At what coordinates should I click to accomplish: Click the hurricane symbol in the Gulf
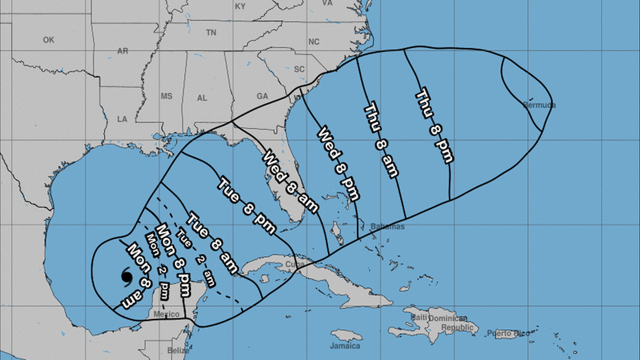[x=126, y=277]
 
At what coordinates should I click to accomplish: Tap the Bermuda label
[x=539, y=105]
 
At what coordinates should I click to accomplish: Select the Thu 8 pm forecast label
[x=434, y=127]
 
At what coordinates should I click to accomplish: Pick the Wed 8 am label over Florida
[x=291, y=181]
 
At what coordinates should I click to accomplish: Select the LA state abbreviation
[x=122, y=120]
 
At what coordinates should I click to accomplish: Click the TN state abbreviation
[x=211, y=33]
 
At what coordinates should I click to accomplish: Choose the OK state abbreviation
[x=48, y=40]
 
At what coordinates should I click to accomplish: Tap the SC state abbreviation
[x=299, y=69]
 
